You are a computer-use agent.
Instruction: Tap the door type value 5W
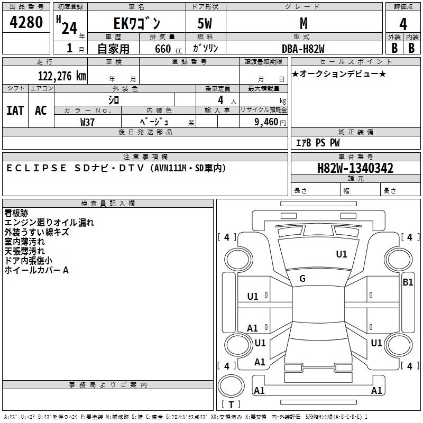tap(206, 24)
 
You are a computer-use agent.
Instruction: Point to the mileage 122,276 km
tap(62, 76)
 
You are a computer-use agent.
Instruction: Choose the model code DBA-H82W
tap(303, 49)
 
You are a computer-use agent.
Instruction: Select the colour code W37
tap(88, 122)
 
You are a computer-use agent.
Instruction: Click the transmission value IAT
tap(15, 111)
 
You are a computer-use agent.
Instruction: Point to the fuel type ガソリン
tap(206, 48)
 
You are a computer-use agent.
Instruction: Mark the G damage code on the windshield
tap(302, 279)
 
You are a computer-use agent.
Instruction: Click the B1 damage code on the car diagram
tap(408, 282)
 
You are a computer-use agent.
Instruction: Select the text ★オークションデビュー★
tap(339, 73)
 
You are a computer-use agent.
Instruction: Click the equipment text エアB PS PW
tap(317, 143)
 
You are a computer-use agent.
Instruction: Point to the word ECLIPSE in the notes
tap(36, 168)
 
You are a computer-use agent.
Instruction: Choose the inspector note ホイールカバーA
tap(36, 270)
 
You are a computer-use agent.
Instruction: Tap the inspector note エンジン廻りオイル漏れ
tap(49, 223)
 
